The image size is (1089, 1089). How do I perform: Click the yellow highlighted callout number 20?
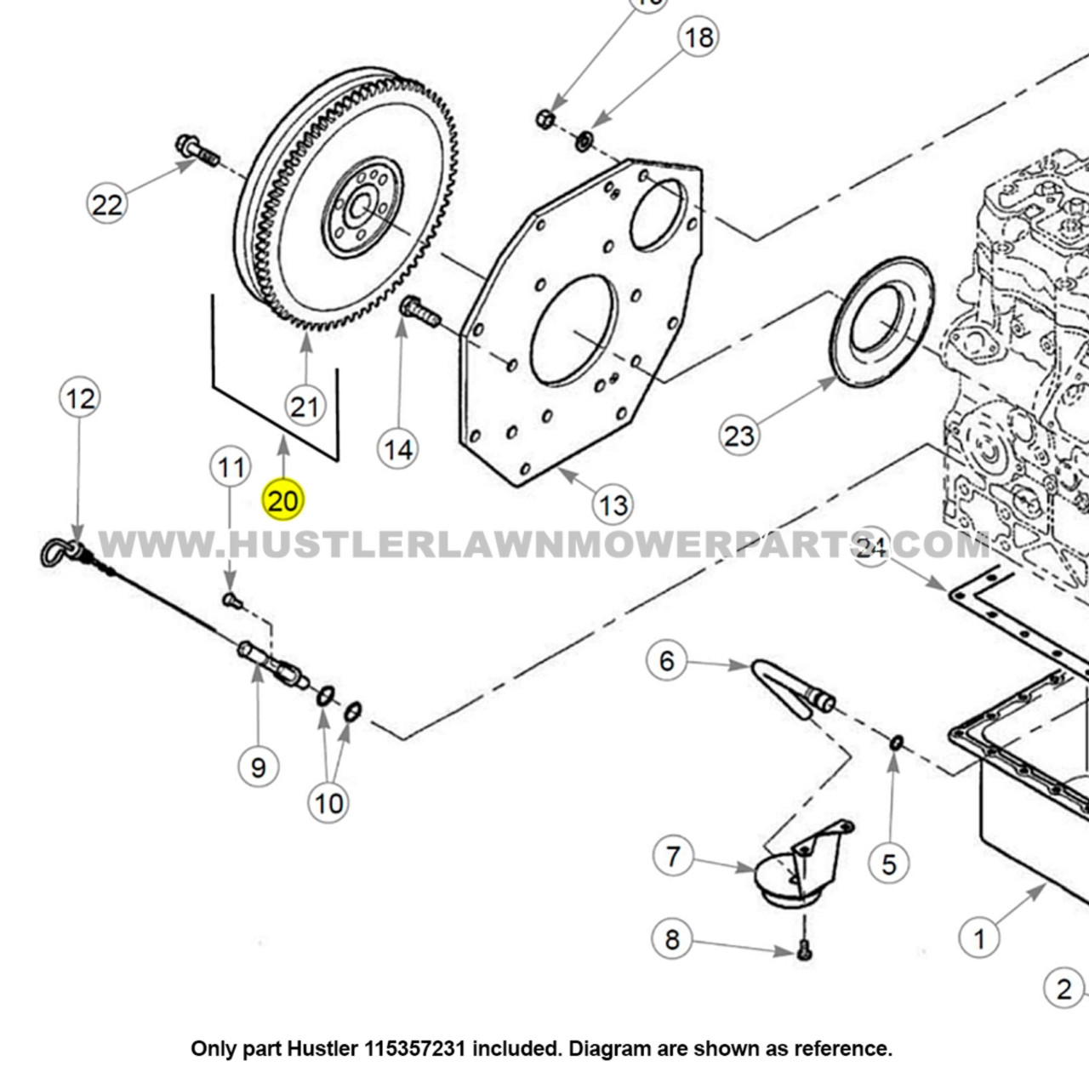[282, 499]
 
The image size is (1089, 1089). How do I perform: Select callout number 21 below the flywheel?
[305, 406]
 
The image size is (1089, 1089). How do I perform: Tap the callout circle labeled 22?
[107, 204]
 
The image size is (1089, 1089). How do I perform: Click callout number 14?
[398, 449]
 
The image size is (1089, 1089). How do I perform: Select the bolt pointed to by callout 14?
[419, 313]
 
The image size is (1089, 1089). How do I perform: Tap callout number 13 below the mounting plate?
[613, 505]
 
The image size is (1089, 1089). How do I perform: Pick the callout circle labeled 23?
[738, 436]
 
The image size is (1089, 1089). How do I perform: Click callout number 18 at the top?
[698, 37]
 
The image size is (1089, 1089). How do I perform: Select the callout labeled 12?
[81, 398]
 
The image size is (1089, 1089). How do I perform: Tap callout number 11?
[231, 467]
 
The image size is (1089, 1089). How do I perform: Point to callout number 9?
[259, 767]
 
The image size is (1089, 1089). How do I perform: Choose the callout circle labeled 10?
[329, 802]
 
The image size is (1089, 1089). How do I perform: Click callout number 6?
[667, 661]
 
